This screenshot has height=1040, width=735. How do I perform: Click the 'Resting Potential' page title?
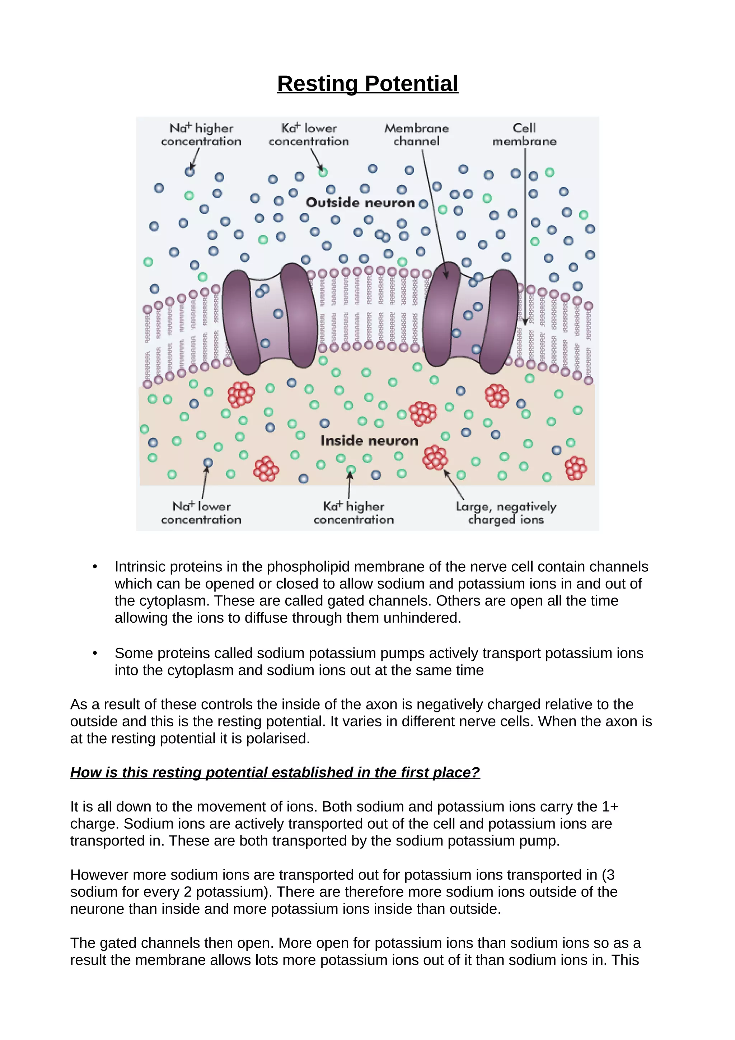click(367, 84)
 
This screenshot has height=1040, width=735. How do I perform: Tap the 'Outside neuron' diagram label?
click(360, 202)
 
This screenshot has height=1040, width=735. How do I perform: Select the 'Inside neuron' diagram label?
click(369, 441)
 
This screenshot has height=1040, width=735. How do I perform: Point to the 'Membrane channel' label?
click(416, 135)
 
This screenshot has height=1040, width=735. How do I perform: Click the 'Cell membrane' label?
click(524, 135)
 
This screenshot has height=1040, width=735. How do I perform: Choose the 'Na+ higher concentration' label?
click(201, 135)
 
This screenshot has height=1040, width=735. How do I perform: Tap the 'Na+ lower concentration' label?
click(201, 513)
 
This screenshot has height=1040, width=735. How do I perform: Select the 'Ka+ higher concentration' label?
click(353, 513)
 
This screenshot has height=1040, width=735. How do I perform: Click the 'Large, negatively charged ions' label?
click(505, 513)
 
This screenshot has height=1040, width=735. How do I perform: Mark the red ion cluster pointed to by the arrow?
click(435, 458)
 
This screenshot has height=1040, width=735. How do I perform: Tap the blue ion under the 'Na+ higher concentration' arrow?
click(190, 172)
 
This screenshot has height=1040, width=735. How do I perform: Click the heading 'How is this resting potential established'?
click(275, 772)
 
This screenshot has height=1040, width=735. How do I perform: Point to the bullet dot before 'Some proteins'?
click(95, 653)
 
